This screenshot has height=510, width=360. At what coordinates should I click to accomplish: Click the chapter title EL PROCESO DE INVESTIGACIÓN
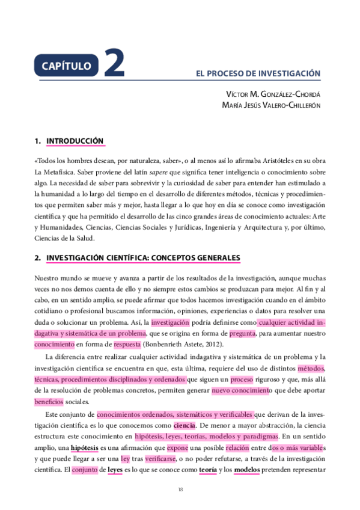tap(258, 73)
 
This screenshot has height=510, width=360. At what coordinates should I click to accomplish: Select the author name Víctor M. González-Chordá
tap(273, 94)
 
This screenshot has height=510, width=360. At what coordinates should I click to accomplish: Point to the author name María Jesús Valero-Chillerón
tap(271, 105)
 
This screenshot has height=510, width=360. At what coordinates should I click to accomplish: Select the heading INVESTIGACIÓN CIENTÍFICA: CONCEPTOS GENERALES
tap(143, 258)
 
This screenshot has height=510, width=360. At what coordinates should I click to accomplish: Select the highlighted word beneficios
tap(49, 402)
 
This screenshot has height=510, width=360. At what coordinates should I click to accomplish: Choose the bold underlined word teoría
tap(207, 470)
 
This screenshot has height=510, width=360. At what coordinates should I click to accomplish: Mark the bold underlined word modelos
tap(246, 470)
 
